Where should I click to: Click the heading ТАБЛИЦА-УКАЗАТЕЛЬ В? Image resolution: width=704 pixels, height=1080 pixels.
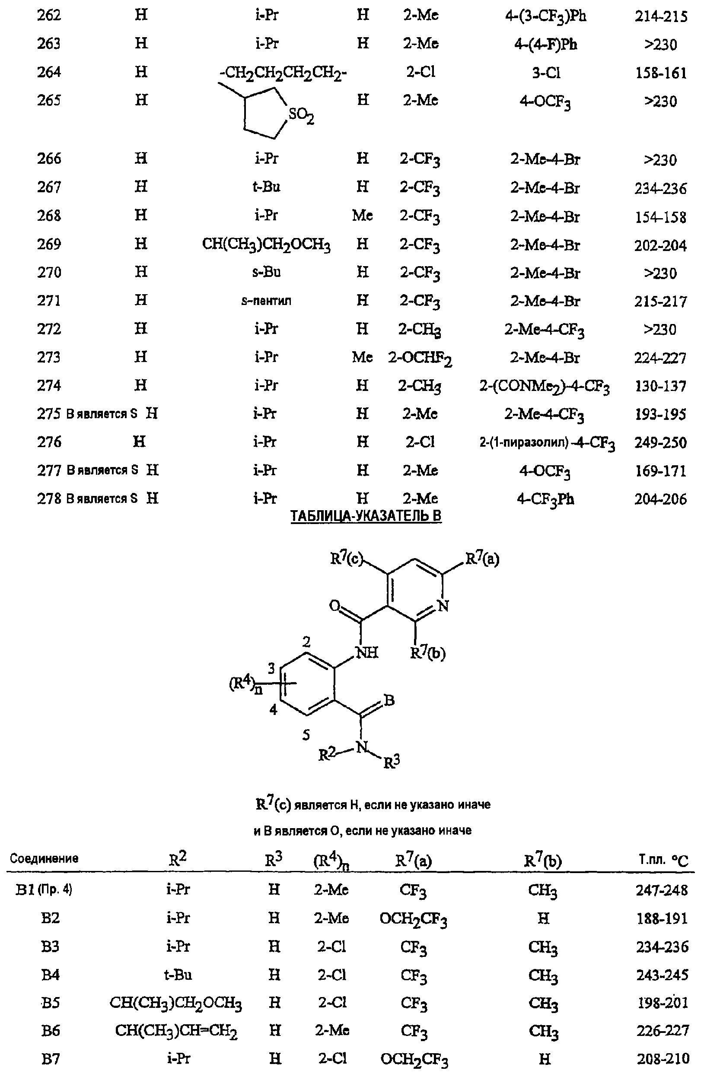point(366,516)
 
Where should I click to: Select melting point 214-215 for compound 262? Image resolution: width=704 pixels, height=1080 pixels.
point(661,16)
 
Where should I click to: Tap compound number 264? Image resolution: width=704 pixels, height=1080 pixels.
point(49,72)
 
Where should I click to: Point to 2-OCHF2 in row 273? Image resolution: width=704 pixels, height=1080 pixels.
point(420,358)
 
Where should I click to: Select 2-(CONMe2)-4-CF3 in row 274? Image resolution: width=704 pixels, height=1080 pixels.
point(544,387)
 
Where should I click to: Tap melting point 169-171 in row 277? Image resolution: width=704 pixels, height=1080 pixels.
point(661,471)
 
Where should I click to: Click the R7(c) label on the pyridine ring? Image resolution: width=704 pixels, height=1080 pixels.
point(346,558)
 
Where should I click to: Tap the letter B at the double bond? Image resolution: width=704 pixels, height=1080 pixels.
point(389,700)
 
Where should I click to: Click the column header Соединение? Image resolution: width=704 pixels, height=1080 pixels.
point(44,858)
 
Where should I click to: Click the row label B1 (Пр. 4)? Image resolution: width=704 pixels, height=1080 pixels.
point(44,889)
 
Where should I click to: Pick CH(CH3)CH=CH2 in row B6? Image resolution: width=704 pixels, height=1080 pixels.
point(176,1031)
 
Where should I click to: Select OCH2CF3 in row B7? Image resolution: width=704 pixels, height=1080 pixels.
point(414,1060)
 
